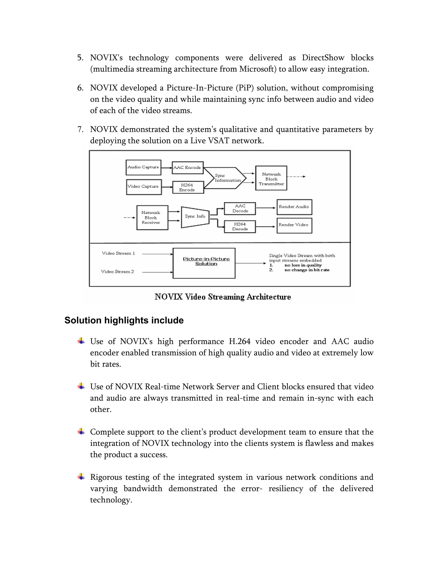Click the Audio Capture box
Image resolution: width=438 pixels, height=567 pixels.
143,168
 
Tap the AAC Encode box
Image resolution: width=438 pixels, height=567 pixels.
188,168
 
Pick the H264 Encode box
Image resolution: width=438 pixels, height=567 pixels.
188,187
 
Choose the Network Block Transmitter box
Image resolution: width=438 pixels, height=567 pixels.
271,178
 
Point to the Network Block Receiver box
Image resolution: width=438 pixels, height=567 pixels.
152,218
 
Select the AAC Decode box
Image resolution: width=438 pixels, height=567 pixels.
240,208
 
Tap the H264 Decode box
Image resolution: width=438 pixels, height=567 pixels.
240,227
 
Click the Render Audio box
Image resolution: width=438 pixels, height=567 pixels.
294,207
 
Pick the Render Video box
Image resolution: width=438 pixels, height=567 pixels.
294,225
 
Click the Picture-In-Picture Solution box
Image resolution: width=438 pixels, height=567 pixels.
204,263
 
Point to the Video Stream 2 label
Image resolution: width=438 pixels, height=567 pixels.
118,272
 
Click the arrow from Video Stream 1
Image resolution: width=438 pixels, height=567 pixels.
157,254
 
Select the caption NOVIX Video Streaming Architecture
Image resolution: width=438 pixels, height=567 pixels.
223,297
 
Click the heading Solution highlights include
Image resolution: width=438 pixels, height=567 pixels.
124,320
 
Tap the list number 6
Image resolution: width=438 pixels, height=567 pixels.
80,88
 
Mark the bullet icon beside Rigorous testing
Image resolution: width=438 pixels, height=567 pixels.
81,477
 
